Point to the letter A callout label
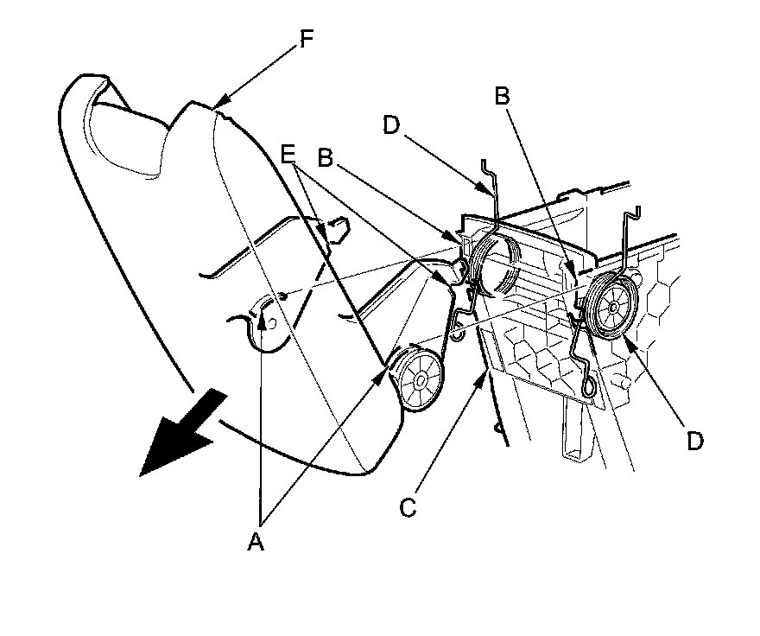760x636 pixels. [x=255, y=542]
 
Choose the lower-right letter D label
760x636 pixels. [x=694, y=441]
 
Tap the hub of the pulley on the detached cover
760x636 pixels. [x=421, y=378]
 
